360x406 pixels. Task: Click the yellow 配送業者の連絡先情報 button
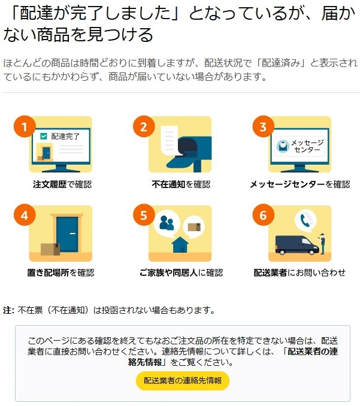coord(182,381)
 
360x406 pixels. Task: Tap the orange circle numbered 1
coord(24,126)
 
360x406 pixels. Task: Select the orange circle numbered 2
coord(143,126)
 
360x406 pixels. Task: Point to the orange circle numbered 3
coord(263,126)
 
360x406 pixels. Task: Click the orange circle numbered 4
coord(24,216)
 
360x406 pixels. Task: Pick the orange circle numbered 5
coord(143,216)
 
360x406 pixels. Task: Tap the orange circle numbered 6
coord(263,216)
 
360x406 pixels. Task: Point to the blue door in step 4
coord(68,234)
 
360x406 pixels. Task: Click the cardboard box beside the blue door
coord(49,249)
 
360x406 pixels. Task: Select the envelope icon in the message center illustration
coord(281,146)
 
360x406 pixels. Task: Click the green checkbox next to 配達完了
coord(43,136)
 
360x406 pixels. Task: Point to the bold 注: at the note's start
coord(8,310)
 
